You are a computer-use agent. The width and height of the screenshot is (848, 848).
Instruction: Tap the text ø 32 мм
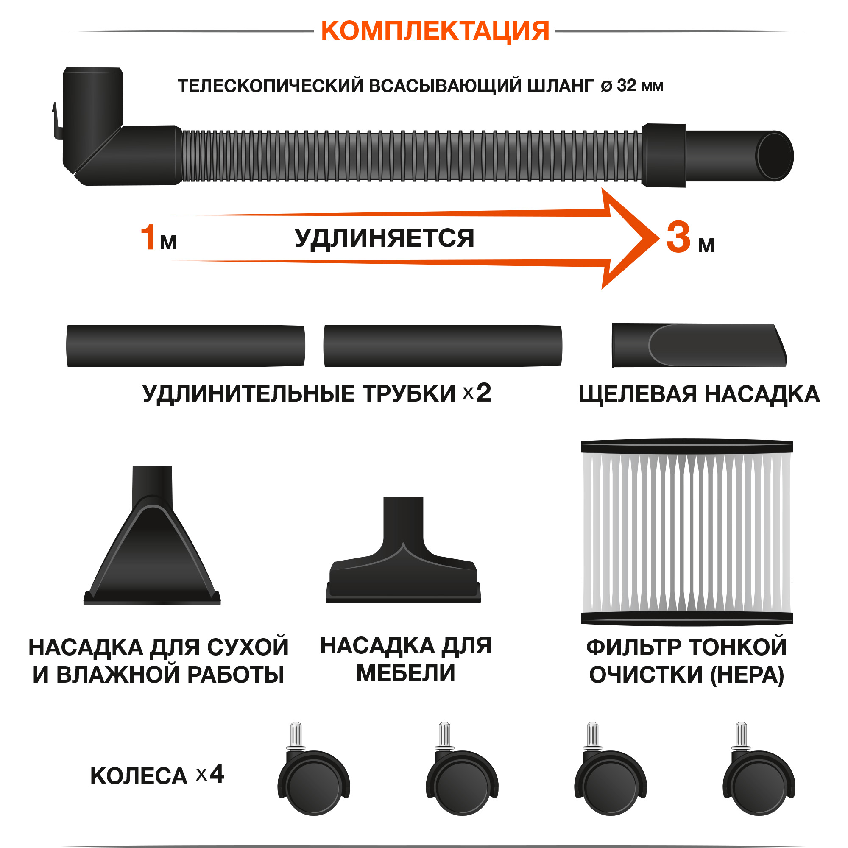[x=632, y=86]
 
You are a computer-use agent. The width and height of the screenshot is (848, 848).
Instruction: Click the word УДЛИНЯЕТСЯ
[x=385, y=238]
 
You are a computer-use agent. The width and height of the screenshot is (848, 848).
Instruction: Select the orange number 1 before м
[x=148, y=238]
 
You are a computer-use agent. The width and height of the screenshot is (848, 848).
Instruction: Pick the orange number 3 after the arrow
[x=678, y=238]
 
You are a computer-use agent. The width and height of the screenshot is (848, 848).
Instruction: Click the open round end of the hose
[x=775, y=156]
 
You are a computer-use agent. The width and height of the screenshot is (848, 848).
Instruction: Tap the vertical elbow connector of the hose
[x=92, y=110]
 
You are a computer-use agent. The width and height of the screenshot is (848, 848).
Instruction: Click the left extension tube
[x=186, y=346]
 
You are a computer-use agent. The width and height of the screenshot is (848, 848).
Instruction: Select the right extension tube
[x=442, y=346]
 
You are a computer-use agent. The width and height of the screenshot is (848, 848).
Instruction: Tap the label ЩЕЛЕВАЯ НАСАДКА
[x=699, y=394]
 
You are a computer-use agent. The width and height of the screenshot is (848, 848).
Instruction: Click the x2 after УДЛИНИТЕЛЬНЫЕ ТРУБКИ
[x=477, y=393]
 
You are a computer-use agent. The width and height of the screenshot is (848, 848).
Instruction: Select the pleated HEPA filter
[x=686, y=533]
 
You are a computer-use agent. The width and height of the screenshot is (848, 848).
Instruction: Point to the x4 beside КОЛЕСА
[x=210, y=775]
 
